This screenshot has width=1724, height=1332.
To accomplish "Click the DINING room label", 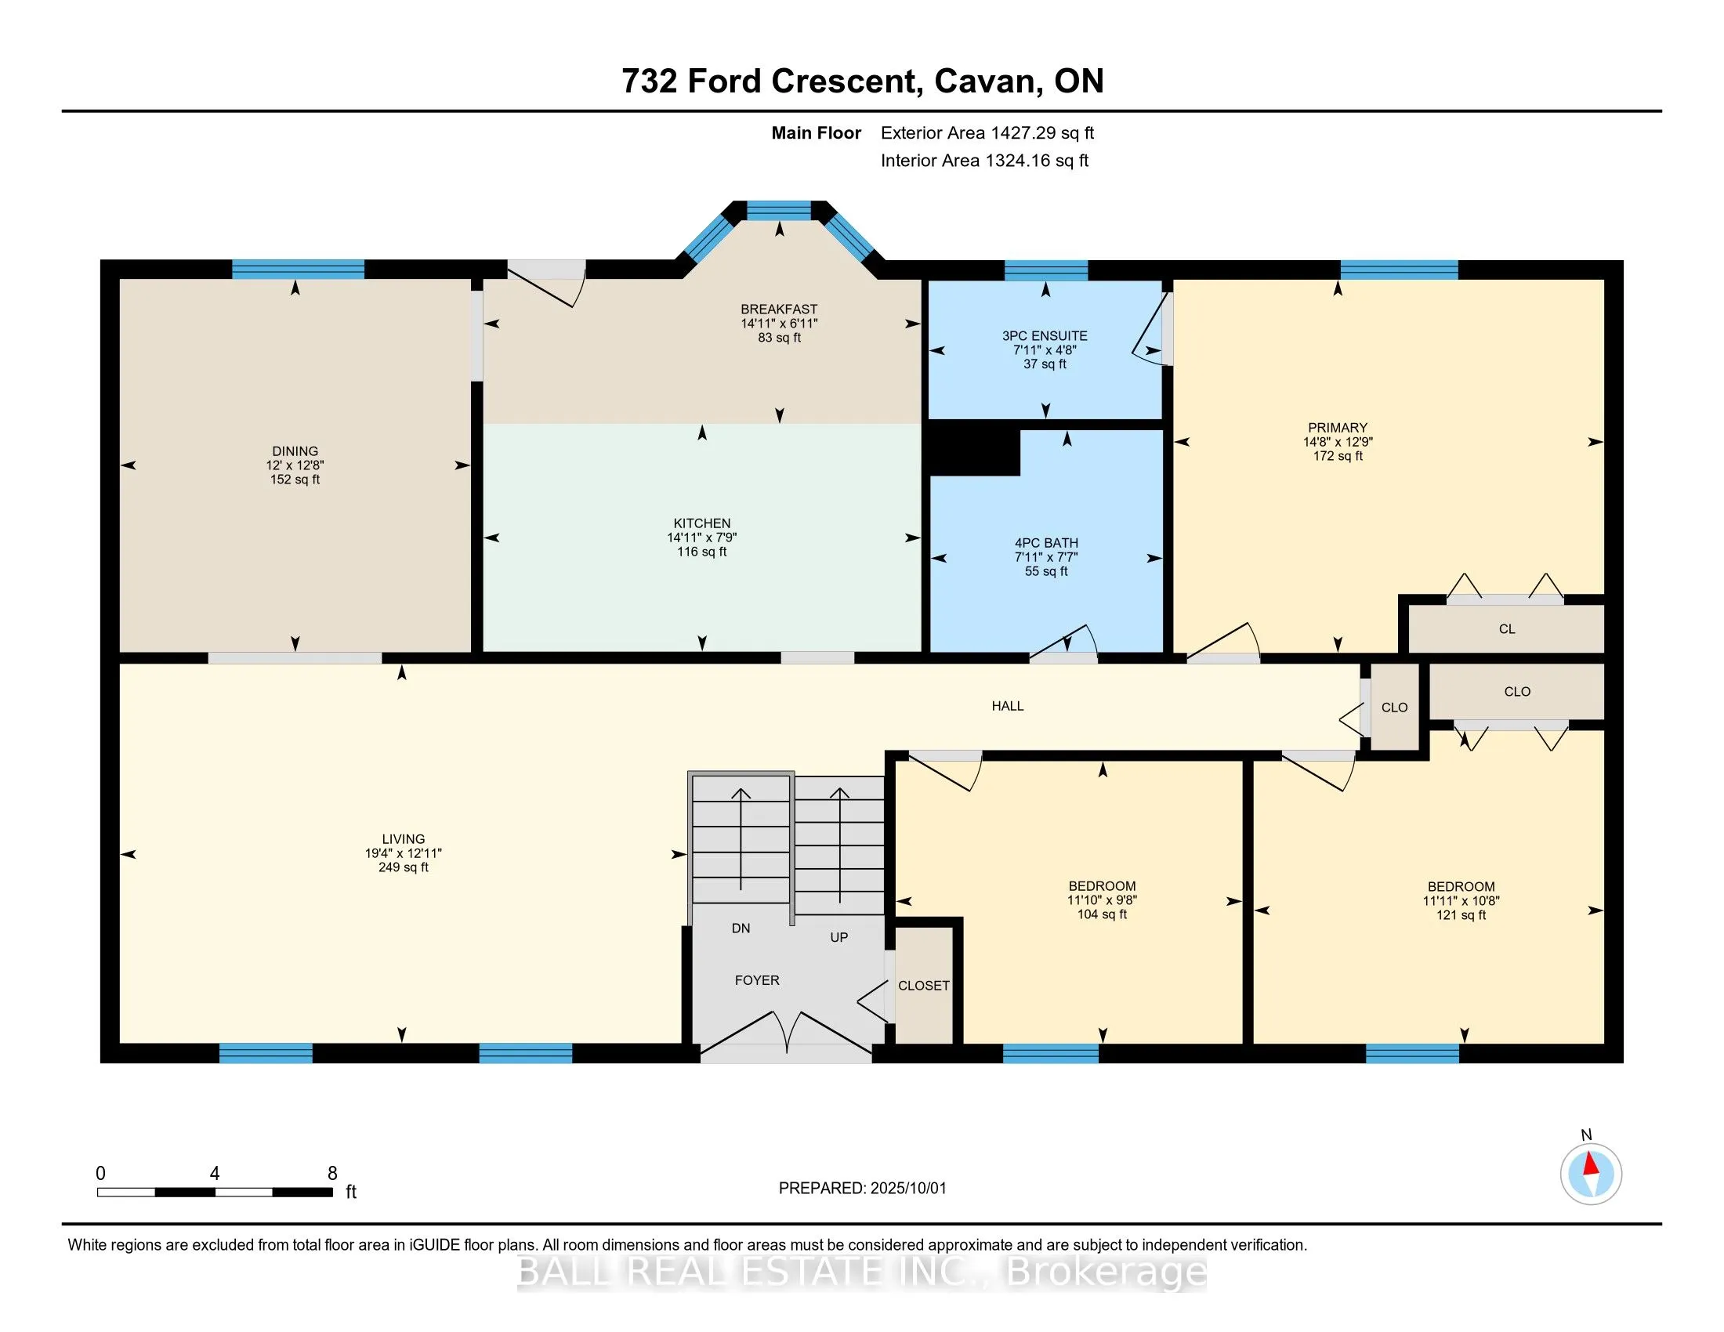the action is [295, 451].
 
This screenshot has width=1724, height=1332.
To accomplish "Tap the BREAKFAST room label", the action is [779, 309].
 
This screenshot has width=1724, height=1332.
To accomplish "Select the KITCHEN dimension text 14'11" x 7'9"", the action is [702, 538].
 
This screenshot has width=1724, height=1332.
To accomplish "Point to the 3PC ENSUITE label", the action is [1045, 336].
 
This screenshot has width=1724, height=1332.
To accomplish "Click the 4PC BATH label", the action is [1046, 543].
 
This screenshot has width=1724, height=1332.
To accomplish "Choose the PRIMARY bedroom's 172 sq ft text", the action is [1338, 456].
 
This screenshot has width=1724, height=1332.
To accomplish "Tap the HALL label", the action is [1008, 706].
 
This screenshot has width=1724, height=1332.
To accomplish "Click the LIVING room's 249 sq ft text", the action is [404, 867].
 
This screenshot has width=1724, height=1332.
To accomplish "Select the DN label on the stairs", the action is [741, 928].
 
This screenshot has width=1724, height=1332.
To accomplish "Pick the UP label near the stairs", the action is [839, 937].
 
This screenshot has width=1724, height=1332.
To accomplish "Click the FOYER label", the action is [757, 980].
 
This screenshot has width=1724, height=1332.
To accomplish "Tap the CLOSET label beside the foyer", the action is [924, 986].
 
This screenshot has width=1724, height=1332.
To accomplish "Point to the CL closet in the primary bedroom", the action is [1507, 629].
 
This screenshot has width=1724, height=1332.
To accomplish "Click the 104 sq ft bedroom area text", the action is [1102, 914].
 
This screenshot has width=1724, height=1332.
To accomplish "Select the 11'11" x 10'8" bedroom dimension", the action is [1461, 901].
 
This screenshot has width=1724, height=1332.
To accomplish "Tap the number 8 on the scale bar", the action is [332, 1174].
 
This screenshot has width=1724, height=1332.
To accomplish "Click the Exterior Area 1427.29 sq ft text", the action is [987, 133].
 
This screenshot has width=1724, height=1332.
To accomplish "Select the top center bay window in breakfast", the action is [779, 211].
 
